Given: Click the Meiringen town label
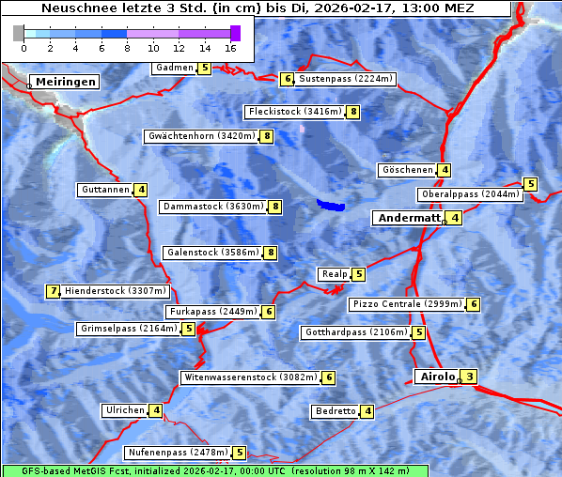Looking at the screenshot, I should point(63,82).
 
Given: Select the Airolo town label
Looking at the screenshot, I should point(437,377).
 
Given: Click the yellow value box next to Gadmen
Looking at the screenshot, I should point(205,68).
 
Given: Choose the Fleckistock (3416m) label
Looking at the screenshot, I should point(293,112).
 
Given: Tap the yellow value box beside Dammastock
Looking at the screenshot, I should point(275,207).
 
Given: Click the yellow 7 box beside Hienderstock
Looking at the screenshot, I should point(53,291).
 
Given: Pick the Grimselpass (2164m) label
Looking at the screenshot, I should point(128,329).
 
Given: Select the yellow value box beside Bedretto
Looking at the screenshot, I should point(367,411).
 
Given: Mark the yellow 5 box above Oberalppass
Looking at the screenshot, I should point(530,184).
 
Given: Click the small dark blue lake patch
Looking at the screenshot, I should point(330,205).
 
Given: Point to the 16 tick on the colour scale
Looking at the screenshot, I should point(231,47).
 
